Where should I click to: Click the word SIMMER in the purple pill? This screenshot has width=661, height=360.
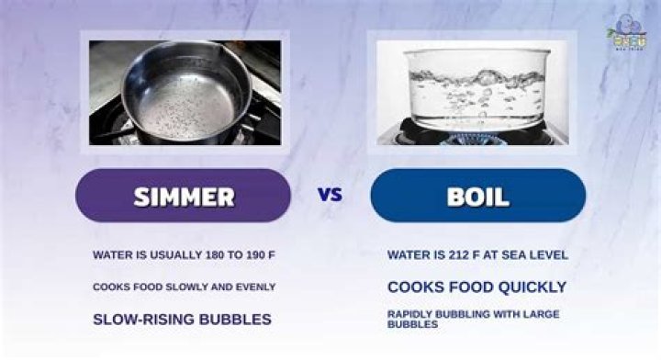click(184, 196)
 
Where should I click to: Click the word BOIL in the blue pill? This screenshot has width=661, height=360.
click(478, 196)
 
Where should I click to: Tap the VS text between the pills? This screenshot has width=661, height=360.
click(330, 195)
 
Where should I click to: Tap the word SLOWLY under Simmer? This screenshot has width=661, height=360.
click(189, 287)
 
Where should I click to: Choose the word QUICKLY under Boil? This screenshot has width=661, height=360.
click(528, 287)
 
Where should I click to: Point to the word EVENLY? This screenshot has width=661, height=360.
click(256, 287)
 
